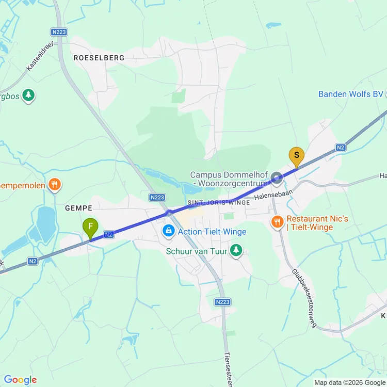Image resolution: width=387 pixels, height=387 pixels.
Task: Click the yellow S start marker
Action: click(x=296, y=156)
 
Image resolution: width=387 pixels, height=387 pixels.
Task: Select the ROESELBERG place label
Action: click(x=99, y=58)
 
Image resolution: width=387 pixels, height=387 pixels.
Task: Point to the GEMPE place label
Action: click(x=78, y=208)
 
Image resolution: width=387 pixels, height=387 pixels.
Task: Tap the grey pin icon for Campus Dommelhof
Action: click(x=277, y=179)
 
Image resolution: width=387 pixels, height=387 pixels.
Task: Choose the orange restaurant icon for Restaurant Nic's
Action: click(x=277, y=222)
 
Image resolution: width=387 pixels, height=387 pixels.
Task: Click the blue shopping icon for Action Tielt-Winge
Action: click(x=168, y=231)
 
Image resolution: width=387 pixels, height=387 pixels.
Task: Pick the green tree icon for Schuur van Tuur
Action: click(x=236, y=250)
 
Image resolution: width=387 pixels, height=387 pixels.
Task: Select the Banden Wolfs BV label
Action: click(x=351, y=94)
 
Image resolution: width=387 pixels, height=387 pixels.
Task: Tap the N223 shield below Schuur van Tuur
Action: click(x=222, y=302)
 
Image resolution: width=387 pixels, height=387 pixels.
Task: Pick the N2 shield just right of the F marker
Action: click(x=108, y=234)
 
